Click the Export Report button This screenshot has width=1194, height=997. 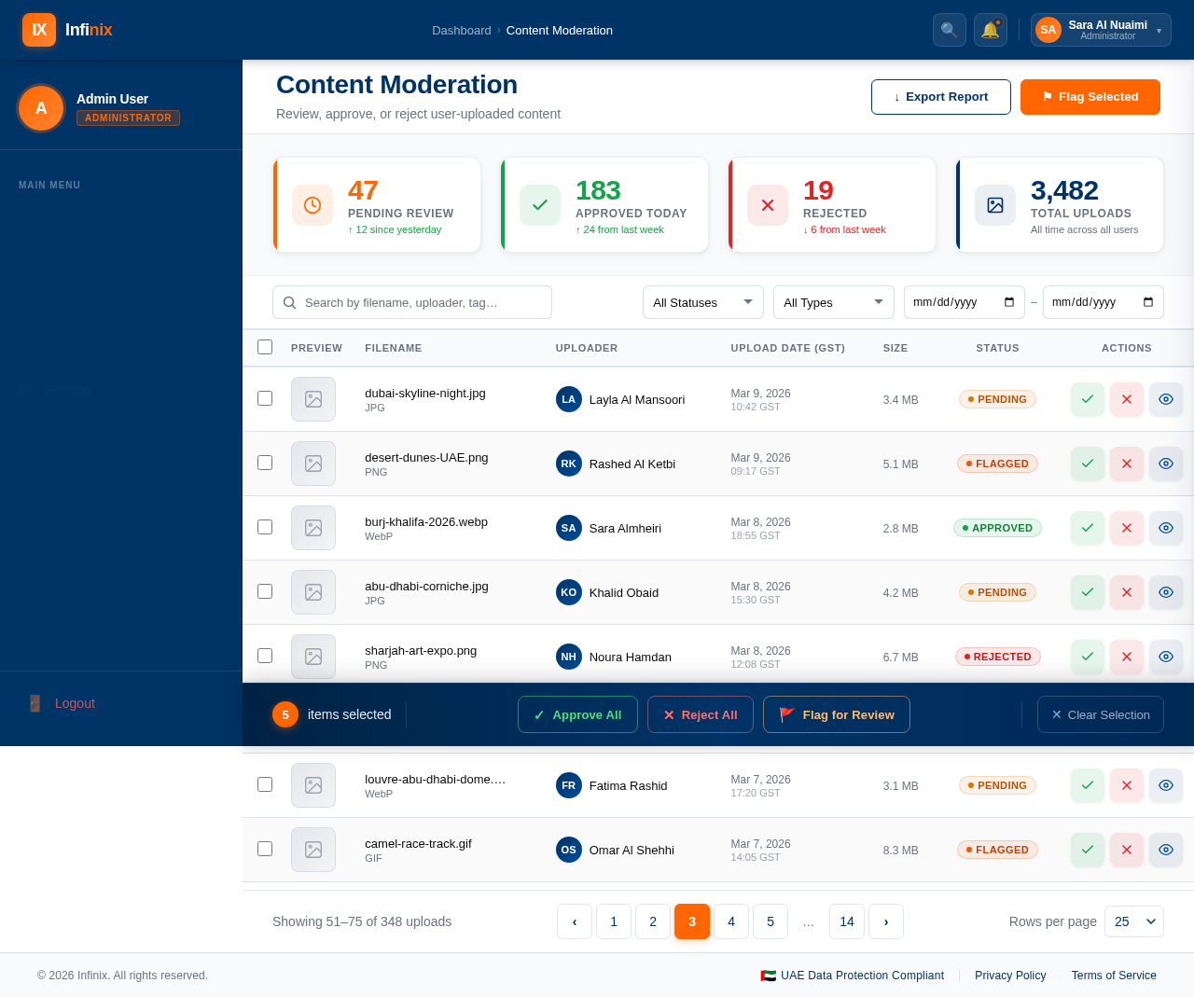[x=940, y=97]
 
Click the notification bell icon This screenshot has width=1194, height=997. [x=990, y=30]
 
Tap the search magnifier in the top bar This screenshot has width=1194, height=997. [x=949, y=30]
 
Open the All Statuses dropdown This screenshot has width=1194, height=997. [x=702, y=302]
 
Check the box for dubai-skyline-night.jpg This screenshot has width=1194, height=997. [x=265, y=398]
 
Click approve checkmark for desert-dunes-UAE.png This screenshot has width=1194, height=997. [x=1087, y=464]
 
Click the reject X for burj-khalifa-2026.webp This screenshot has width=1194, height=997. [x=1126, y=528]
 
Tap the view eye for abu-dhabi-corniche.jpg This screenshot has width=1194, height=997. [x=1165, y=592]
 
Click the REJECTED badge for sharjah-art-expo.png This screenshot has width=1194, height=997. [x=997, y=657]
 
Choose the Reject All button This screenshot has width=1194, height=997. [x=700, y=714]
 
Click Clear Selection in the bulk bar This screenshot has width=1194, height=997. [x=1100, y=714]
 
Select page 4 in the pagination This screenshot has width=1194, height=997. [x=730, y=921]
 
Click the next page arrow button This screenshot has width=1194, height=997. [x=885, y=921]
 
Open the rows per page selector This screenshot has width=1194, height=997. [x=1133, y=921]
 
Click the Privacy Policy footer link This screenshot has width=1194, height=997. [x=1010, y=976]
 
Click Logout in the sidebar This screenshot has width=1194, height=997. [x=75, y=703]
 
